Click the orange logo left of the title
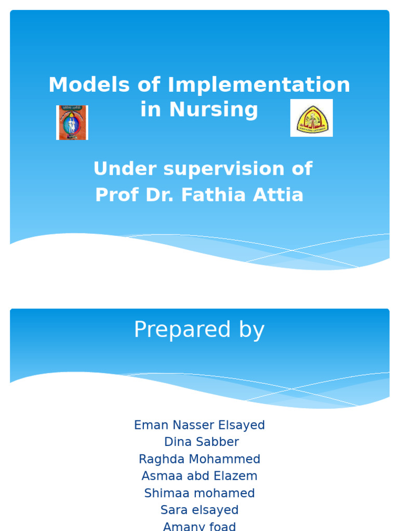(72, 123)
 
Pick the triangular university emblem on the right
(311, 118)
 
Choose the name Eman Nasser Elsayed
(199, 425)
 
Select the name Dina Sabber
(202, 442)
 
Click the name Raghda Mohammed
(199, 459)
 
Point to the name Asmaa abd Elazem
(199, 476)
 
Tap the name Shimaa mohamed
(199, 493)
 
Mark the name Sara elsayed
(199, 510)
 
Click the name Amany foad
(199, 526)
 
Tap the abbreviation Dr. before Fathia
(162, 195)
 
